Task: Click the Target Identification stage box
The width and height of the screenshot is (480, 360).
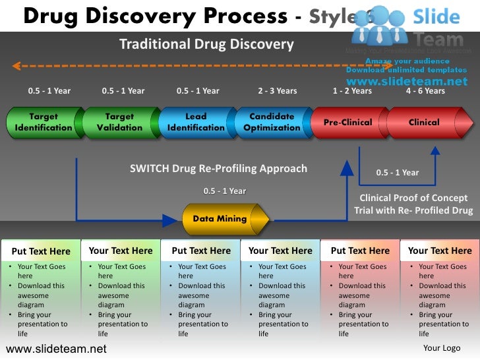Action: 44,123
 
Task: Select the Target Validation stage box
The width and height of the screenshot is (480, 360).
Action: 119,123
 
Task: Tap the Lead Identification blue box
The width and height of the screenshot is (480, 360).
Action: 196,123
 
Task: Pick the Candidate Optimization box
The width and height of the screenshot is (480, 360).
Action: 272,123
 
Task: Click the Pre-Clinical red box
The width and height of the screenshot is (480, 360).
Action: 348,123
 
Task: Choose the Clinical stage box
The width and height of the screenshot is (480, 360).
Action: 425,123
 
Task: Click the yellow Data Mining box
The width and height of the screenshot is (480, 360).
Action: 220,219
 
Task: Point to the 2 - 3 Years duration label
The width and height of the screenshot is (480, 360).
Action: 277,91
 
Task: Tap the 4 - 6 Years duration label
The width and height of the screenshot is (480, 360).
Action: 425,91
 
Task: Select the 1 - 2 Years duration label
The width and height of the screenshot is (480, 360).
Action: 352,91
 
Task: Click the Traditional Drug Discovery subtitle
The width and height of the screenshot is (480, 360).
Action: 206,45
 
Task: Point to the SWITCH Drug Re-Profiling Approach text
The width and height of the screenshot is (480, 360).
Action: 218,169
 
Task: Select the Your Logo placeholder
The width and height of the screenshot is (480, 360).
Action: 441,348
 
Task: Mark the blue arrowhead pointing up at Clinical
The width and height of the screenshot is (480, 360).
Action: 435,150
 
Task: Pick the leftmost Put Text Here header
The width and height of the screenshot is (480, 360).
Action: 41,251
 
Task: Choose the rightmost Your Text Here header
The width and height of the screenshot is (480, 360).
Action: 440,251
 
